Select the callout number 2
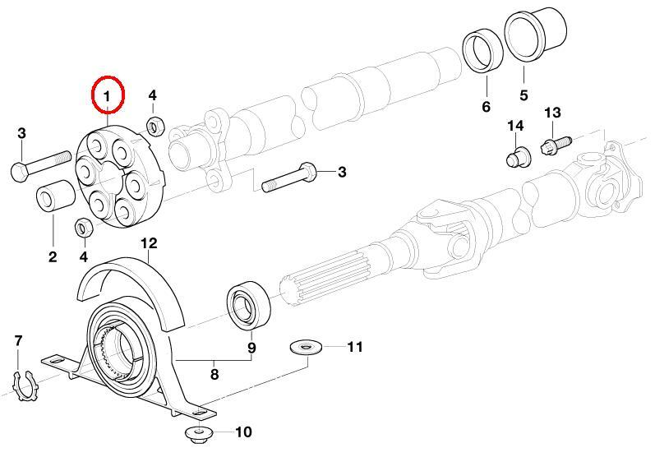[x=53, y=257]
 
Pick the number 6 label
[x=486, y=107]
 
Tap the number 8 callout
[x=214, y=374]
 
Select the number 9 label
[x=252, y=348]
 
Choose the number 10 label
[x=244, y=432]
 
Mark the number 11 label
[x=354, y=347]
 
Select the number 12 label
[x=149, y=243]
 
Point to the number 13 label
[x=551, y=113]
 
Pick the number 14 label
[x=514, y=126]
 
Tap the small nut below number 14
[x=516, y=156]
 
